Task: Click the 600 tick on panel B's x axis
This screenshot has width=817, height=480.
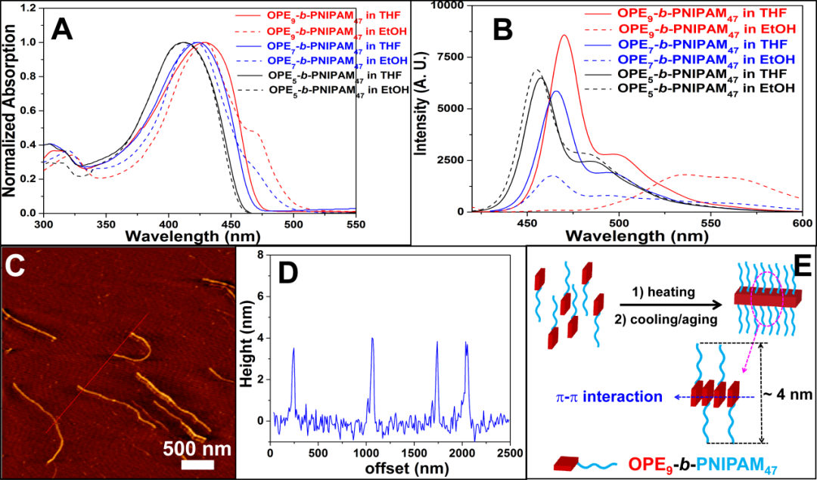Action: (801, 225)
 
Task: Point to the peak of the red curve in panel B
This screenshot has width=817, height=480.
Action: (564, 35)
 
